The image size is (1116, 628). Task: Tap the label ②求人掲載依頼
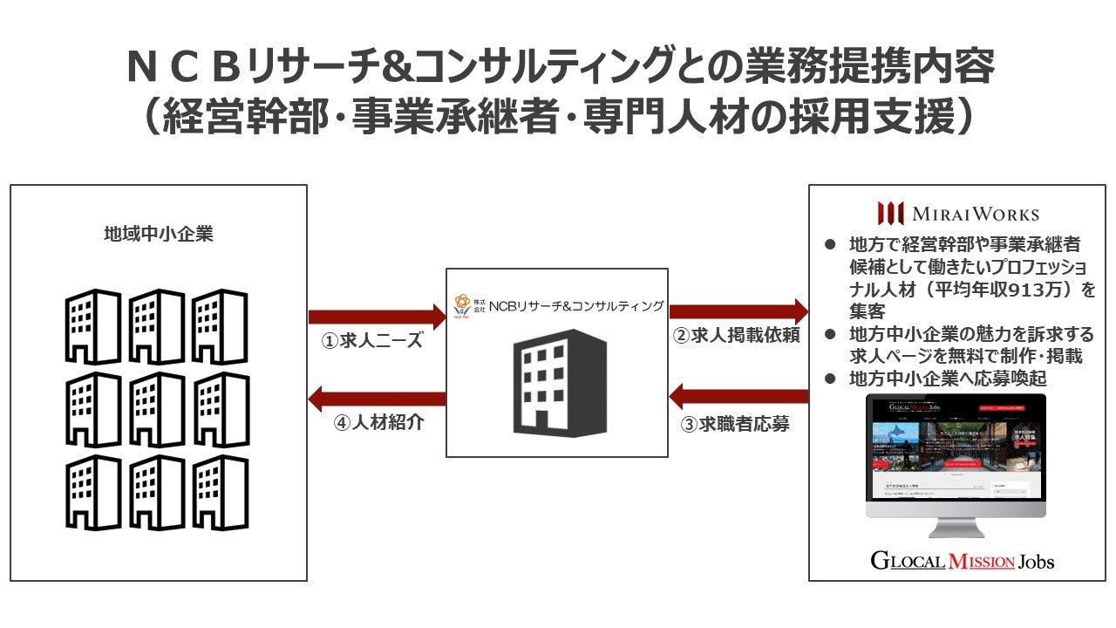(x=737, y=335)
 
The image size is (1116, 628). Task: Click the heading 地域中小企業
(x=158, y=235)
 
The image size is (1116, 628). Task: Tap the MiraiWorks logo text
(x=958, y=214)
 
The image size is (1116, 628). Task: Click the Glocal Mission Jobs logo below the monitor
(x=962, y=560)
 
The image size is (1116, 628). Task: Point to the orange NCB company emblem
(x=463, y=304)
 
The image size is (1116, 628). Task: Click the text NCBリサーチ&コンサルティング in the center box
(x=575, y=306)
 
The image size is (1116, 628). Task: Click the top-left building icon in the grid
(x=92, y=326)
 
